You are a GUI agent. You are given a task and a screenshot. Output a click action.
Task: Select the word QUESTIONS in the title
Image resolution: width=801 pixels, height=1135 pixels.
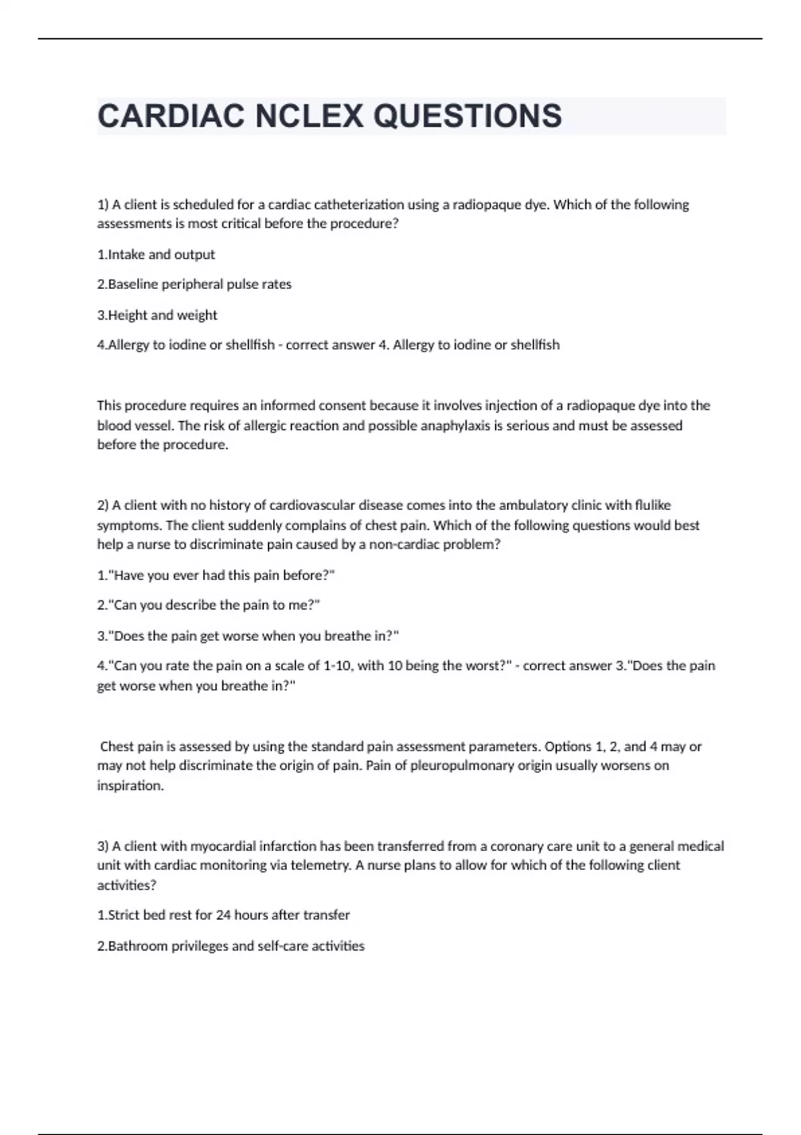[x=467, y=116]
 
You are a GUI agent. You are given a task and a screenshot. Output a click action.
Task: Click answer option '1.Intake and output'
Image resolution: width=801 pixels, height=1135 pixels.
[x=156, y=254]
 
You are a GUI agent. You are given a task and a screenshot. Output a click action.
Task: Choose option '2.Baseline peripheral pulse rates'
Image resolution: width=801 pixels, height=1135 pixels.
[x=194, y=284]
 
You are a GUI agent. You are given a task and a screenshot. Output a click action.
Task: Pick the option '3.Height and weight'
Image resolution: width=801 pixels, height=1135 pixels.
[x=158, y=315]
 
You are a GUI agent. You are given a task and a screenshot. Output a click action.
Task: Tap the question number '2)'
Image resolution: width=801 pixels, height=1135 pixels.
[x=103, y=505]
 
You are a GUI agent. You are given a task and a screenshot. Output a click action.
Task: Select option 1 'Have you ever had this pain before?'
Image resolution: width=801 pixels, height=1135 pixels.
[x=216, y=575]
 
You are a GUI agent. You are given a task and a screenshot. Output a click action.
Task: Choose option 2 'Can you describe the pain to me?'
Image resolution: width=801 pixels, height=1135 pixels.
[x=209, y=605]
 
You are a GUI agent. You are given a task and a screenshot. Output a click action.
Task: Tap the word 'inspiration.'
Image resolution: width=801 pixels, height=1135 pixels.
[x=130, y=786]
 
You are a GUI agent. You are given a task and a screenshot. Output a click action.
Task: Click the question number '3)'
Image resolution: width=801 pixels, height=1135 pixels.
[x=103, y=846]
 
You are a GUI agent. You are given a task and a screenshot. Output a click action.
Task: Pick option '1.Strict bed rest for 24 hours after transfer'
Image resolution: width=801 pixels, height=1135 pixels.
[x=224, y=915]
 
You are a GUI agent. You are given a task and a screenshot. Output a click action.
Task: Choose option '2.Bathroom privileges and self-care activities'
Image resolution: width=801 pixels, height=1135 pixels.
[x=231, y=946]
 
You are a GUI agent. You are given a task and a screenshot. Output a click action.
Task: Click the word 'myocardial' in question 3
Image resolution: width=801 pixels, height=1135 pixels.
[x=223, y=846]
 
